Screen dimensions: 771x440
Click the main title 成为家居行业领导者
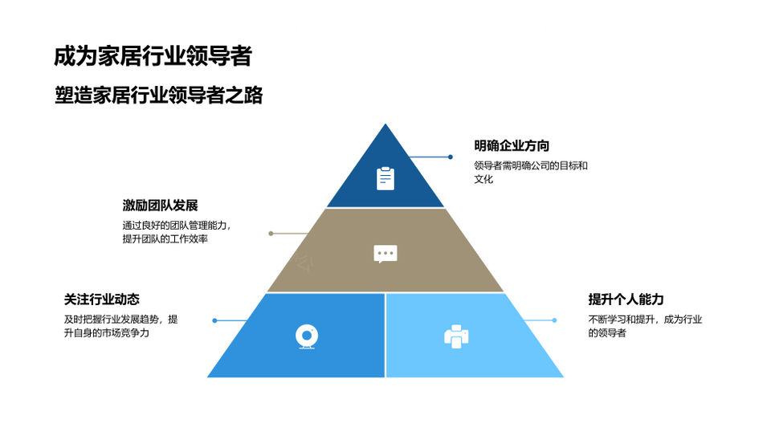153,56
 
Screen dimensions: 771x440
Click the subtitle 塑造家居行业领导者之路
159,95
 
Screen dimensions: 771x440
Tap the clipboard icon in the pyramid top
385,178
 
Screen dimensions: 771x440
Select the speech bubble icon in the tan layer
385,254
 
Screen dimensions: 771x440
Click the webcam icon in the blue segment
307,336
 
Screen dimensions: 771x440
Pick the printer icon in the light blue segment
456,336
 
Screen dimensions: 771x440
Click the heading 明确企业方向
512,145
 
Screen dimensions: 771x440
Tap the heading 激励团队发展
161,205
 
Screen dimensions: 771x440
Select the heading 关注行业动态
102,299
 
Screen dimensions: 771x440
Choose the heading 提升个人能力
626,299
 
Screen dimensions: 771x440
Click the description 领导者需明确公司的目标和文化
531,172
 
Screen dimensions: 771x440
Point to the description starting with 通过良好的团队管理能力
177,232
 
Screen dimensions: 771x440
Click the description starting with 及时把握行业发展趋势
121,326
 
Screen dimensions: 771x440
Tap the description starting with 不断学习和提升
645,326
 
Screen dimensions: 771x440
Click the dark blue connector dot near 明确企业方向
451,157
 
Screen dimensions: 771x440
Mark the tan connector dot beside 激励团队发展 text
271,234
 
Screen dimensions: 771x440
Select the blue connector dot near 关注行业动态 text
215,320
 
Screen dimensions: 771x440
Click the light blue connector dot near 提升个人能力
555,320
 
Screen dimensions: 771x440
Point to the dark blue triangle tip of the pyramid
385,124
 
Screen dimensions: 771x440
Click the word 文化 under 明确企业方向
483,179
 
